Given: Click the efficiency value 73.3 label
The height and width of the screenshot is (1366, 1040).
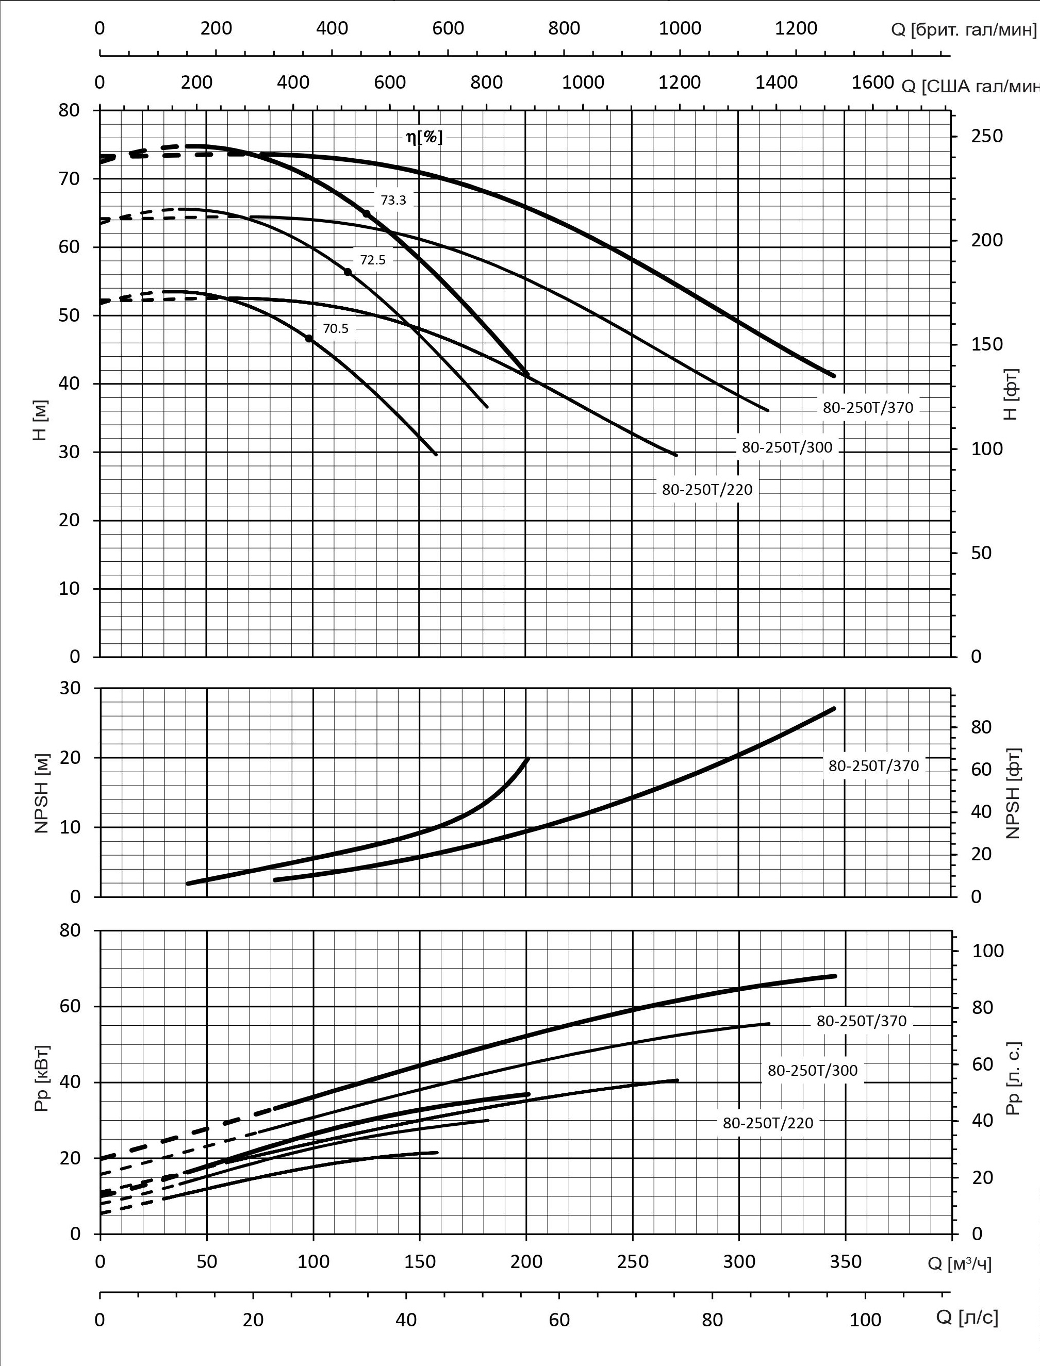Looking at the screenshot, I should pyautogui.click(x=393, y=201).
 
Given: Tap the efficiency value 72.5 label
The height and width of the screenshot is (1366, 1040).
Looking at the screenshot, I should pyautogui.click(x=373, y=260).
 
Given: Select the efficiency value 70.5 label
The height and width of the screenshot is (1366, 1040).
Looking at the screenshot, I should pyautogui.click(x=336, y=329).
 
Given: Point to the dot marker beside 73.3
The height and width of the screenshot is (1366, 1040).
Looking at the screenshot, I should pyautogui.click(x=366, y=213).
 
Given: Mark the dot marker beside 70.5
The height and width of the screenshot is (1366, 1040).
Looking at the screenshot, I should pyautogui.click(x=309, y=339).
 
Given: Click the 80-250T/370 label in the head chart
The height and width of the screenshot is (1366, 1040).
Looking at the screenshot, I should pyautogui.click(x=867, y=408).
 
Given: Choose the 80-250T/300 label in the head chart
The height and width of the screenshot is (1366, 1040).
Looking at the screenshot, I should pyautogui.click(x=787, y=447).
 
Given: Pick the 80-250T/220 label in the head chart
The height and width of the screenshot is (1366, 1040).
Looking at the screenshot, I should pyautogui.click(x=707, y=490).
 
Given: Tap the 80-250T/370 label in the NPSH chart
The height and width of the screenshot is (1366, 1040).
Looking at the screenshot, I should pyautogui.click(x=873, y=765).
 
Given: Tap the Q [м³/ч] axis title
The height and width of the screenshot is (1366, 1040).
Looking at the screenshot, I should pyautogui.click(x=960, y=1264).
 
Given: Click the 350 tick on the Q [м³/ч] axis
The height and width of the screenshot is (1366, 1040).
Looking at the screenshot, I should pyautogui.click(x=845, y=1262).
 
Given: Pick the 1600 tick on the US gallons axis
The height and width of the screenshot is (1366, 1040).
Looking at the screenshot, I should pyautogui.click(x=873, y=82).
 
